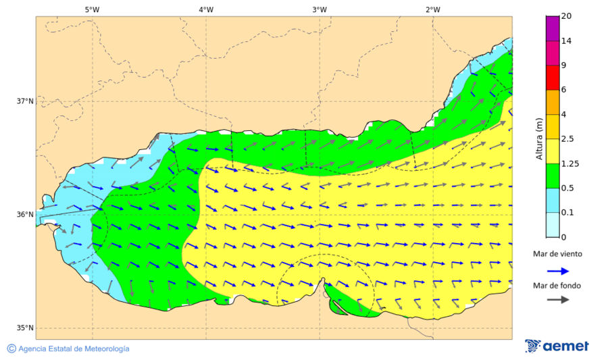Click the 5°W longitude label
coord(93,9)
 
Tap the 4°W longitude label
coord(206,9)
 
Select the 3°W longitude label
coord(320,9)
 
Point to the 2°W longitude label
coord(433,9)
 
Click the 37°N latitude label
coord(25,101)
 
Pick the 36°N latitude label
coord(25,215)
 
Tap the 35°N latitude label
coord(25,328)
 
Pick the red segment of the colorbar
coord(553,78)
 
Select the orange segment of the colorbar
coord(553,102)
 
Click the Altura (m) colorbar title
coord(539,139)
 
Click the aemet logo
coord(557,346)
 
